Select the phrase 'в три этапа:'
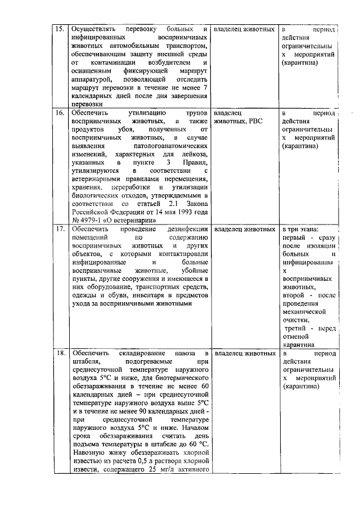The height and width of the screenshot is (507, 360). [x=300, y=230]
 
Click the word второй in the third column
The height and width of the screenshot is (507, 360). [x=294, y=294]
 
